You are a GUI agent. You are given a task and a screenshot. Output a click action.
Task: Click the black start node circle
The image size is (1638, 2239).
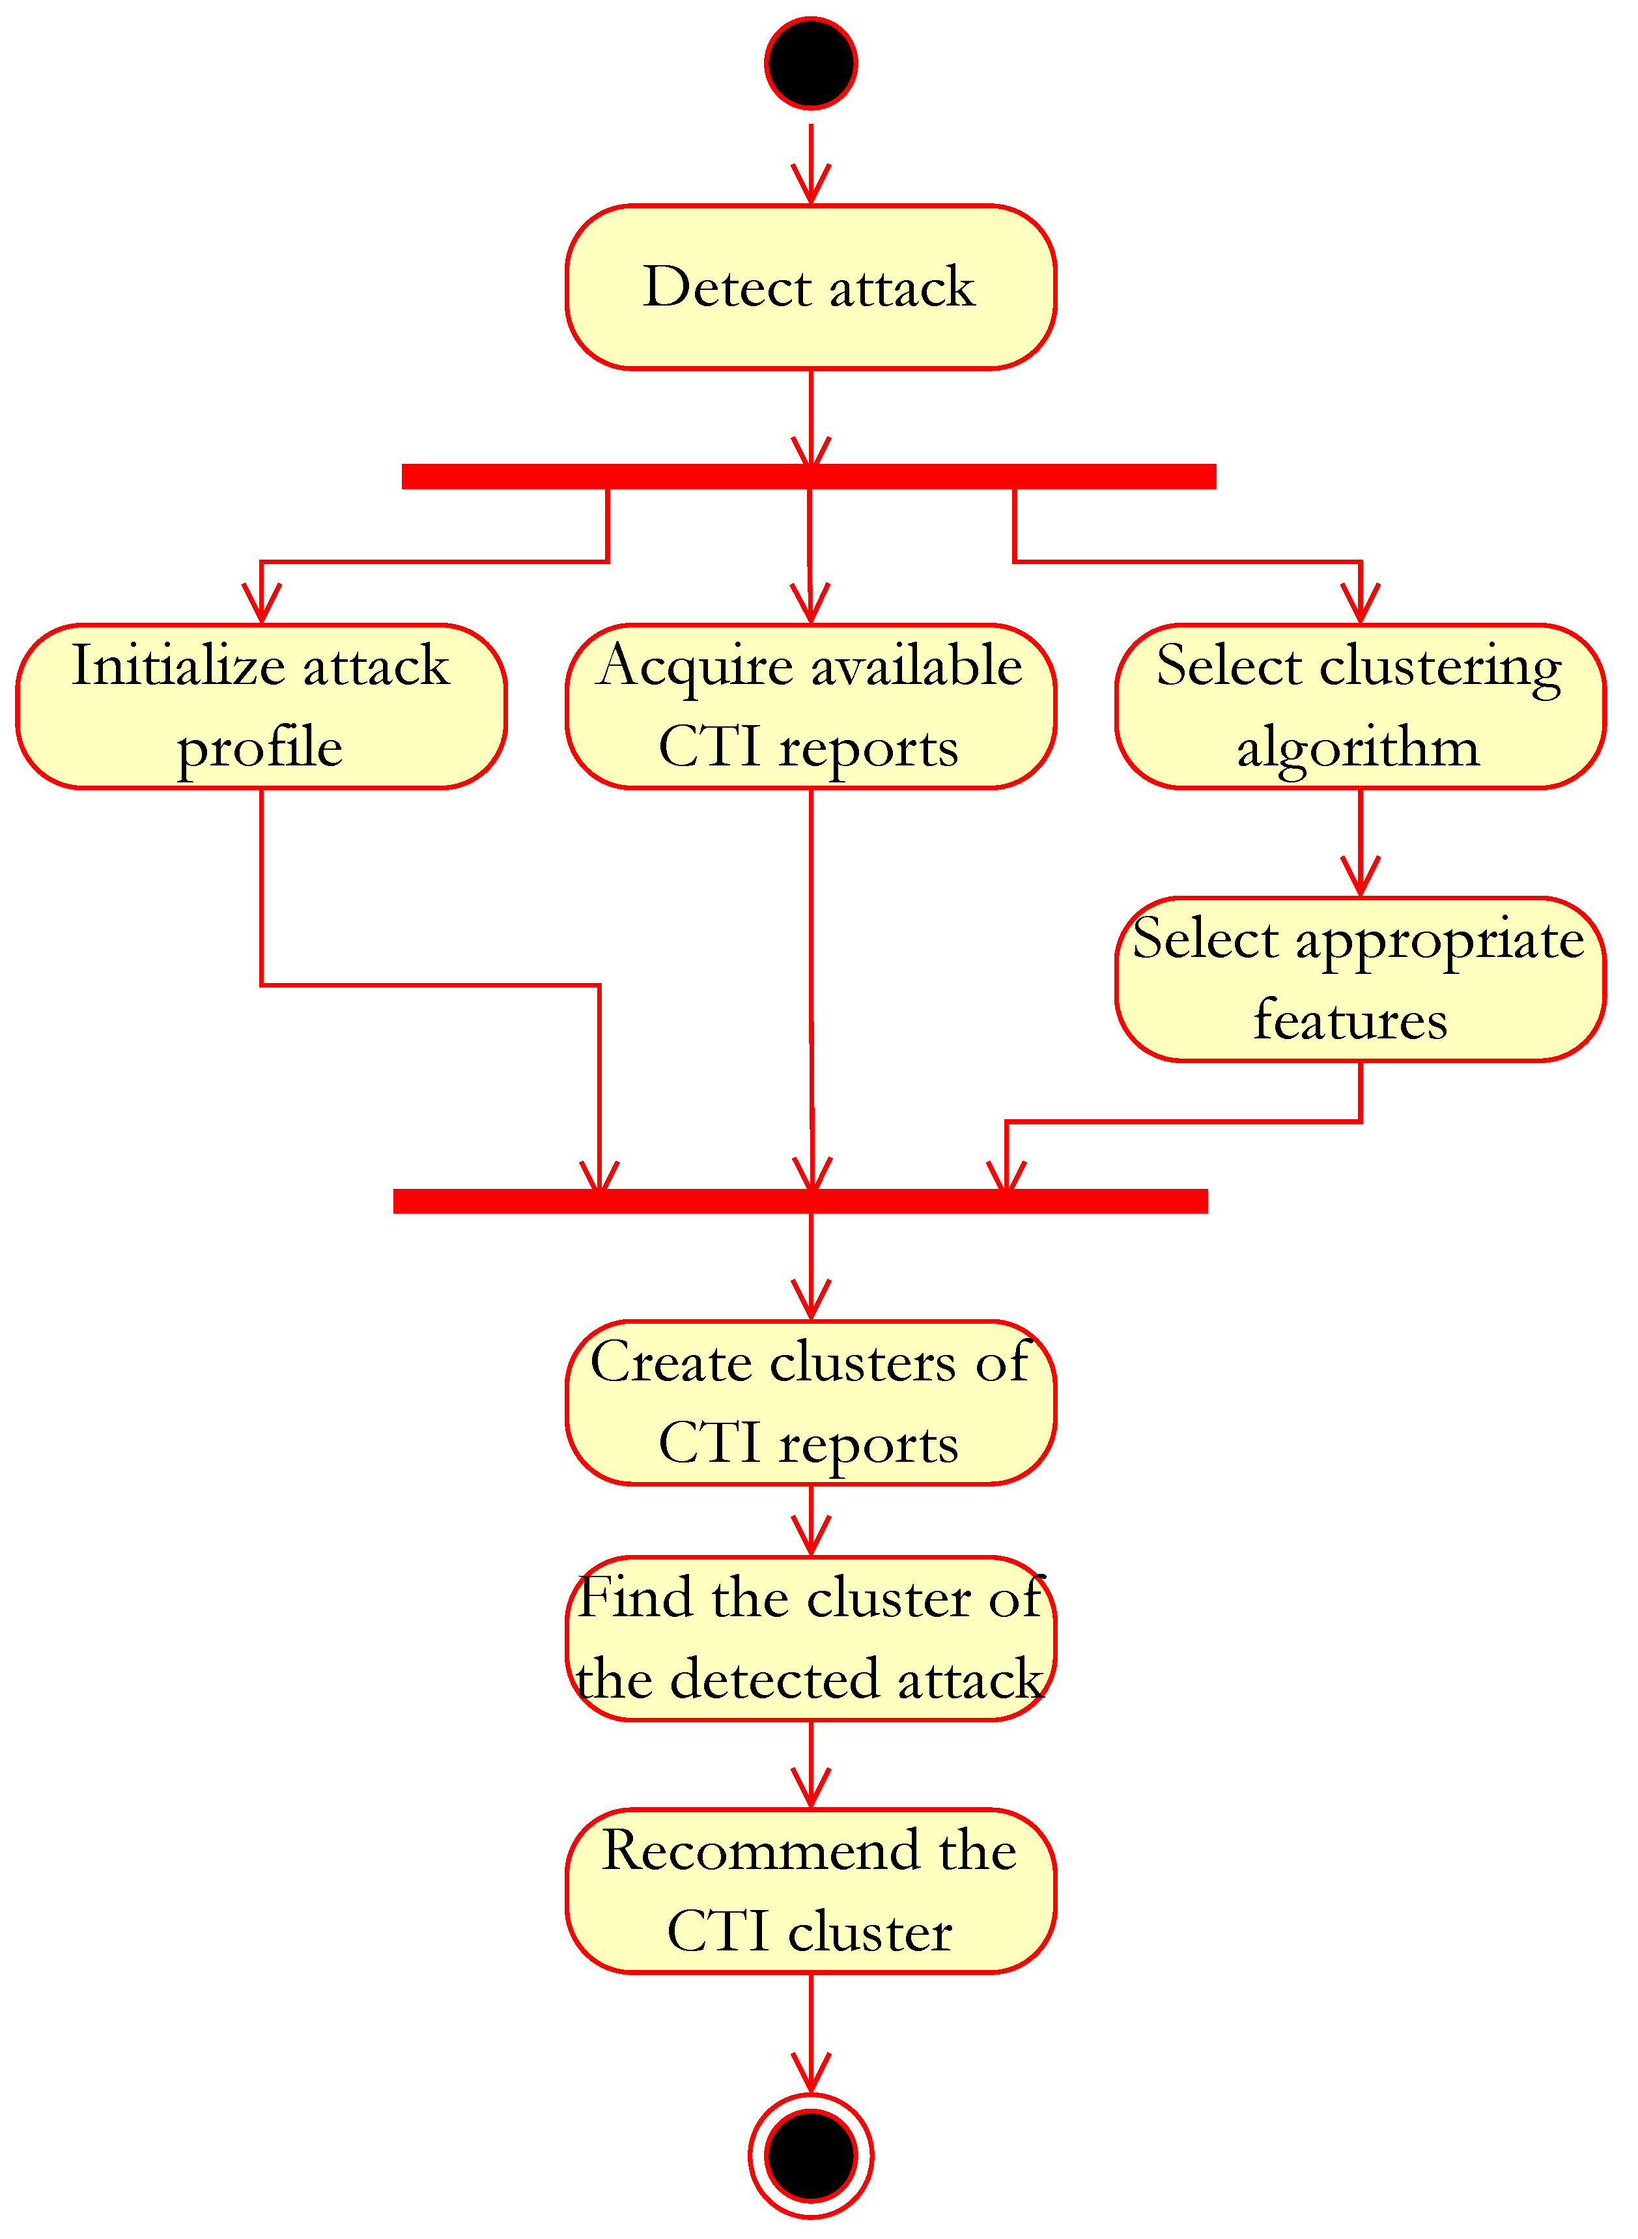click(810, 63)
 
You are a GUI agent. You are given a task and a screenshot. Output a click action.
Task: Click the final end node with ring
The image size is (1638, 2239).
click(810, 2155)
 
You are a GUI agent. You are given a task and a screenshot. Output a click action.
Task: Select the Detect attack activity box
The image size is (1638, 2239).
click(810, 287)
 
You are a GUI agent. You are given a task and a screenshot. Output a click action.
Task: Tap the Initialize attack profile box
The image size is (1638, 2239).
click(261, 706)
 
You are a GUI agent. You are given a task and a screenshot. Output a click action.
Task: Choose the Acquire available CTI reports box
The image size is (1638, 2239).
click(810, 706)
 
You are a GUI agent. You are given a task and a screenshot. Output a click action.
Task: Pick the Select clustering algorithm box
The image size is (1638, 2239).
click(1359, 706)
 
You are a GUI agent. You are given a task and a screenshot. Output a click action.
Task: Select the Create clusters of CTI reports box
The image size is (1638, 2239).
click(810, 1402)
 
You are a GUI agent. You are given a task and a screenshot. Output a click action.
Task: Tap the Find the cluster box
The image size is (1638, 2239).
click(810, 1638)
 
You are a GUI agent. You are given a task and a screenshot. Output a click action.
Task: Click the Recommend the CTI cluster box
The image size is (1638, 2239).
click(810, 1890)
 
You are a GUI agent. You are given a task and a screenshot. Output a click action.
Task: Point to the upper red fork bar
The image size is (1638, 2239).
click(808, 476)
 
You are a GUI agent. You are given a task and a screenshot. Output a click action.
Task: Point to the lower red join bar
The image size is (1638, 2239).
click(800, 1201)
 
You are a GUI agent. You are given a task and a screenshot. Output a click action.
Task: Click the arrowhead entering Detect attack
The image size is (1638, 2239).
click(810, 188)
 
